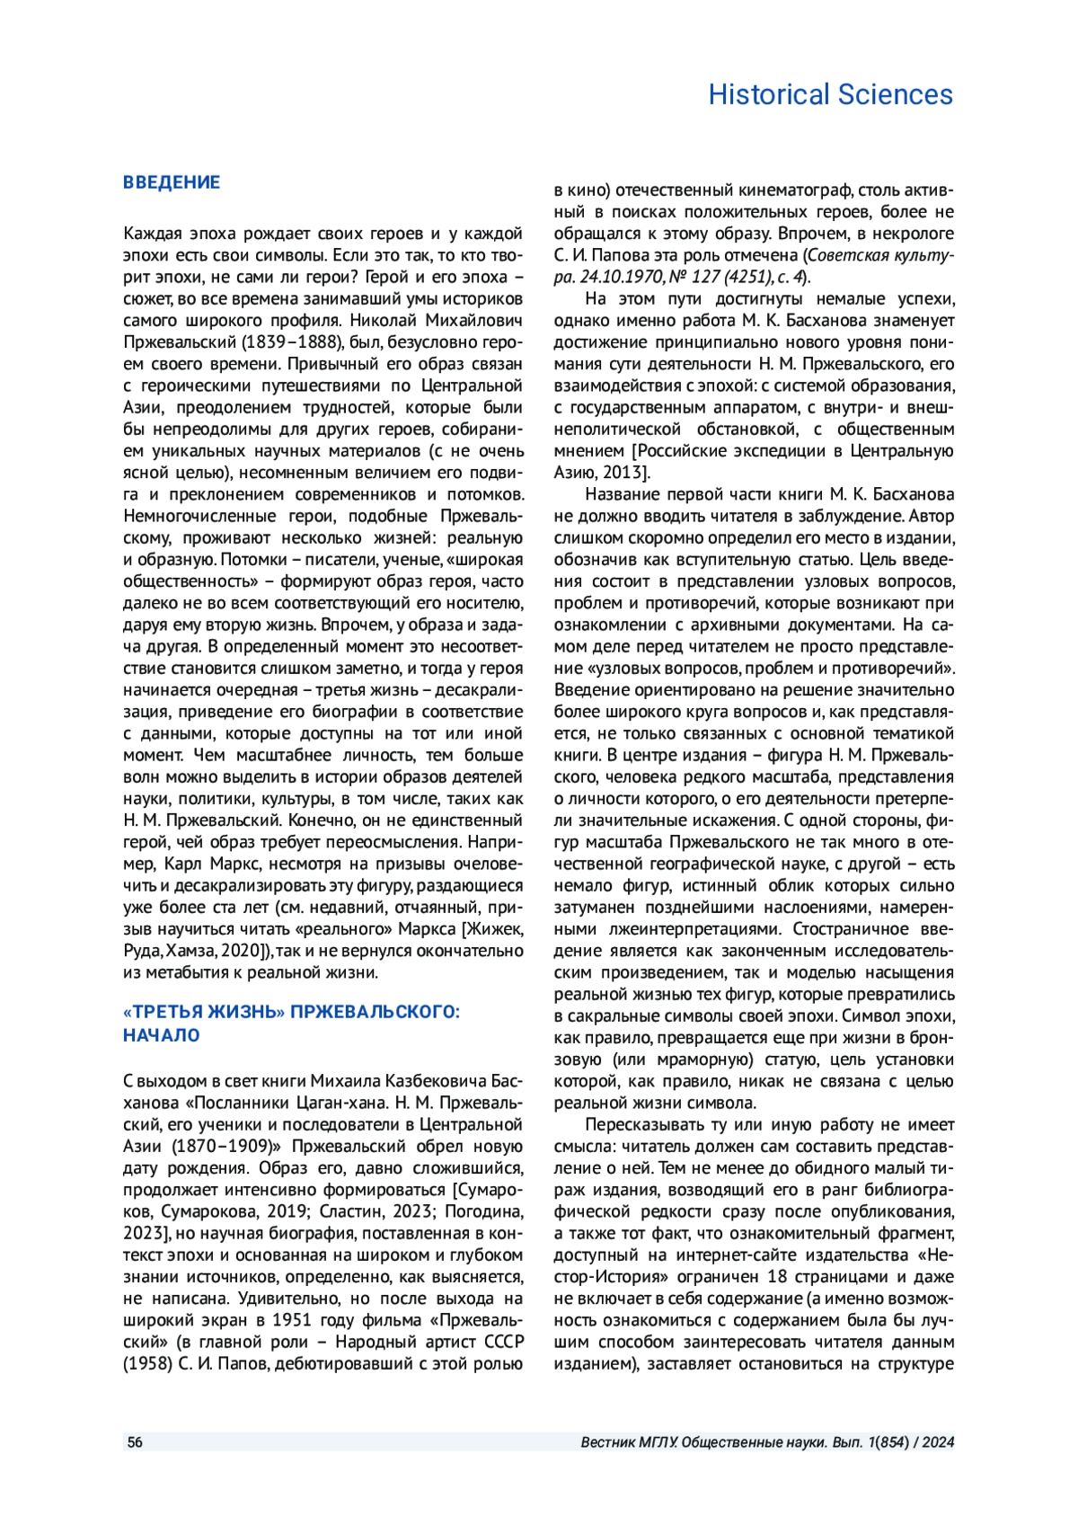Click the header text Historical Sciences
pyautogui.click(x=830, y=94)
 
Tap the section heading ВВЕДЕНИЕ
pyautogui.click(x=172, y=182)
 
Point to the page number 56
pyautogui.click(x=135, y=1442)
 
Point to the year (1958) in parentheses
pyautogui.click(x=147, y=1364)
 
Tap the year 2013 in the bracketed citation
pyautogui.click(x=624, y=473)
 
